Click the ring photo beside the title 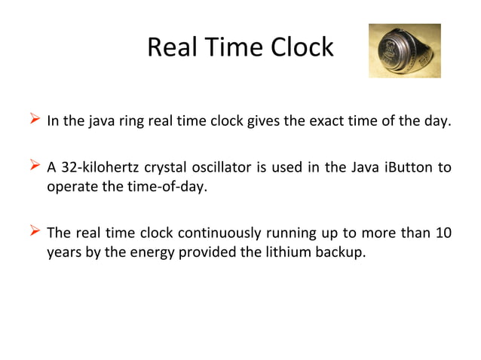[404, 50]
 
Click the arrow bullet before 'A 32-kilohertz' [34, 166]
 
